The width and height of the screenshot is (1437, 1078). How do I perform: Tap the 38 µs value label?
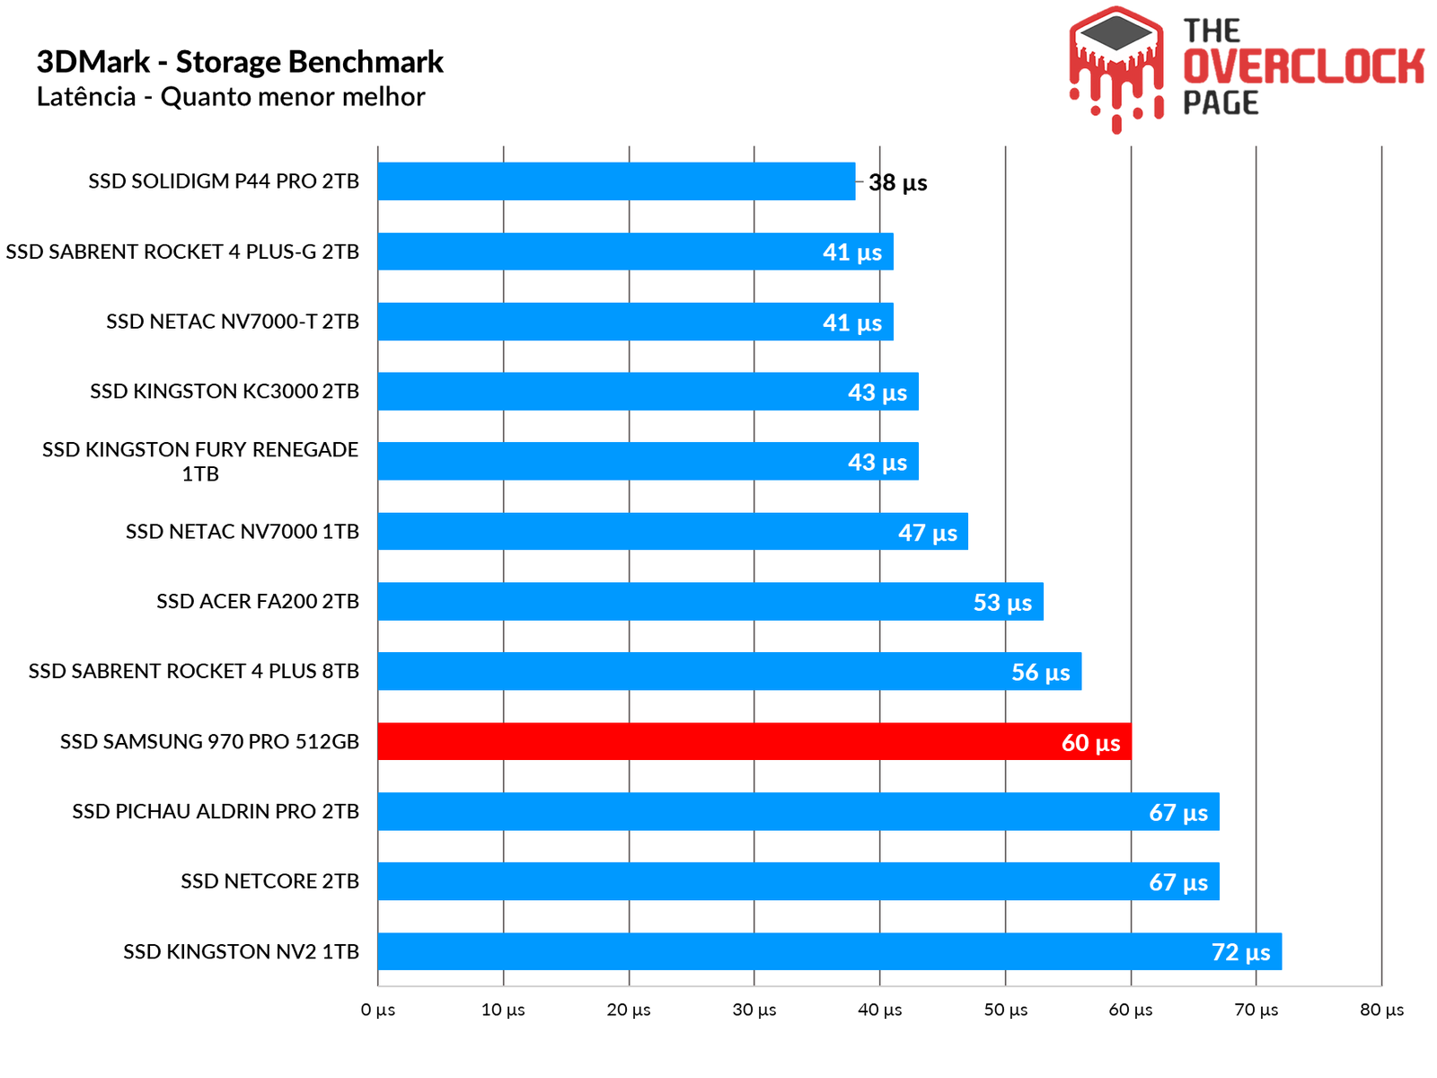pyautogui.click(x=897, y=182)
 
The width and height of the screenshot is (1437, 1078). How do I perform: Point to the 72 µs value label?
pyautogui.click(x=1240, y=952)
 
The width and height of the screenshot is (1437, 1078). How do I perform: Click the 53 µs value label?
pyautogui.click(x=1002, y=602)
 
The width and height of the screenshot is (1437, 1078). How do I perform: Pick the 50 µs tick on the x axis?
pyautogui.click(x=1005, y=1010)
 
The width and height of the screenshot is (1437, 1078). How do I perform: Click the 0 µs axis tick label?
pyautogui.click(x=378, y=1010)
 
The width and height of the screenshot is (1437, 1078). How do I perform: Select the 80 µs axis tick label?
pyautogui.click(x=1381, y=1010)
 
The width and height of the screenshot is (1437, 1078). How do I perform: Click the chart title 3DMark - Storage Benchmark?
pyautogui.click(x=240, y=62)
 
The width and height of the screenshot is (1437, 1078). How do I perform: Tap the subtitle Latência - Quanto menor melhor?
pyautogui.click(x=231, y=97)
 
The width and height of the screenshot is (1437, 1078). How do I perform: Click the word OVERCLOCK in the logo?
pyautogui.click(x=1303, y=67)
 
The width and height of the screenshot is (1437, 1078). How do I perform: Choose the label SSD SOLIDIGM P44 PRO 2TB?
pyautogui.click(x=224, y=181)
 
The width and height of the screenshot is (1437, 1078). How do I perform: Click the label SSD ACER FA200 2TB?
pyautogui.click(x=258, y=601)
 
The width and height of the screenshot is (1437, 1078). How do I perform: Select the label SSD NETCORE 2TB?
pyautogui.click(x=269, y=881)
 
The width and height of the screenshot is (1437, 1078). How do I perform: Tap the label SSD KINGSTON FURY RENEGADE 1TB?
pyautogui.click(x=200, y=461)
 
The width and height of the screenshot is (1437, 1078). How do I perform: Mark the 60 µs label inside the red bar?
pyautogui.click(x=1090, y=743)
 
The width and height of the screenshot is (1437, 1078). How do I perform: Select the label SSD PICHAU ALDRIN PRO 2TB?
pyautogui.click(x=216, y=811)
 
